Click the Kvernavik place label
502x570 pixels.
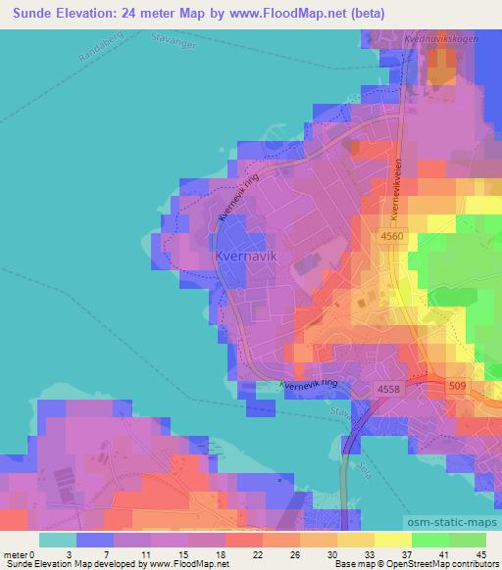point(245,257)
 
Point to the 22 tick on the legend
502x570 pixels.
point(228,554)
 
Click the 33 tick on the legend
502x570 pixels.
point(339,554)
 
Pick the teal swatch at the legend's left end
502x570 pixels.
point(57,539)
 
